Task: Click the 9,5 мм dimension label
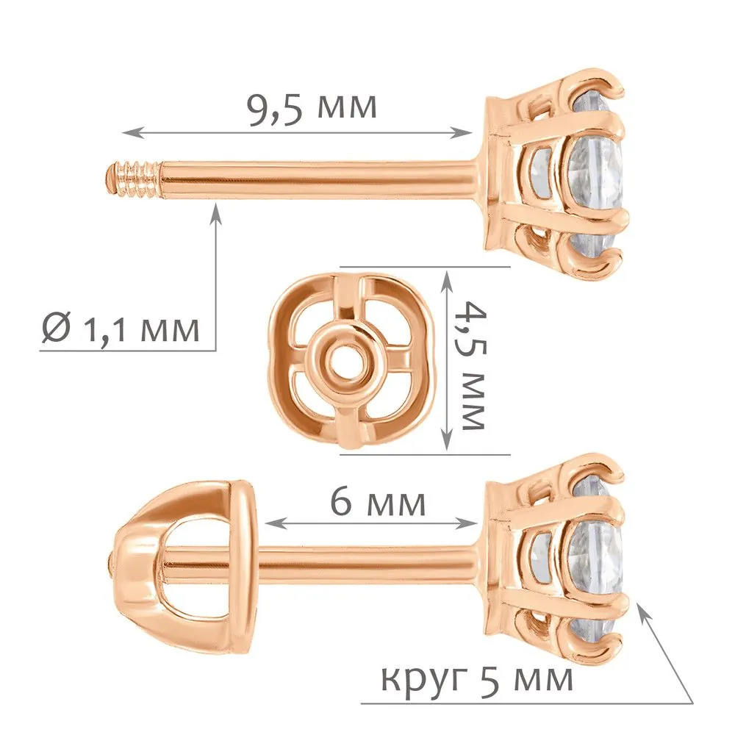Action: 312,109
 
